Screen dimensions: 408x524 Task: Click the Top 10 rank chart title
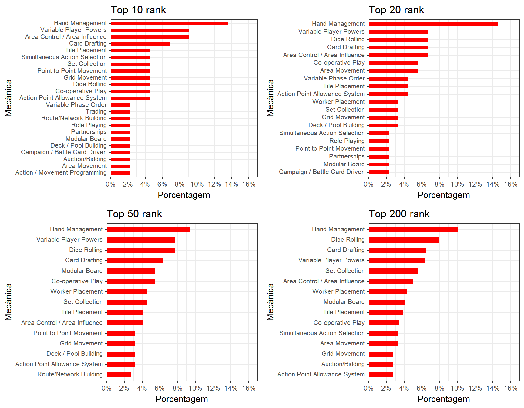[138, 10]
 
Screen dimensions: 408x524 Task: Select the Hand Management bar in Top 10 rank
[169, 23]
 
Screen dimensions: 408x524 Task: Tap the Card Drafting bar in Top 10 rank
[140, 44]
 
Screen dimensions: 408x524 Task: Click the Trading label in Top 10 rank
[96, 111]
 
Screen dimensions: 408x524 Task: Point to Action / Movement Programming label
[61, 172]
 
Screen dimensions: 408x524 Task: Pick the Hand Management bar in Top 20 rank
[433, 24]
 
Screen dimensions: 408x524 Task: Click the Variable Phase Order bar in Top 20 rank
[388, 79]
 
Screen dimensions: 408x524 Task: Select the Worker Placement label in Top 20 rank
[338, 102]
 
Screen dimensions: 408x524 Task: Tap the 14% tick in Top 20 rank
[492, 184]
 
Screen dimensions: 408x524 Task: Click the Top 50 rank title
[134, 214]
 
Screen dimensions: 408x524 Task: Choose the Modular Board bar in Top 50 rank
[131, 271]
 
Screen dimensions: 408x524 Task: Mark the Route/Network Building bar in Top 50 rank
[119, 375]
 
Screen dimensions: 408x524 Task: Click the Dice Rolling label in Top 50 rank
[86, 250]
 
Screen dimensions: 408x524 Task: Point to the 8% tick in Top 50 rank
[177, 388]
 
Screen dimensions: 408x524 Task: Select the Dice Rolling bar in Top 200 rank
[404, 240]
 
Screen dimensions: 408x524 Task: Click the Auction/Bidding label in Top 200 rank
[343, 364]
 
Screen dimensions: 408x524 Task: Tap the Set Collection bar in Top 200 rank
[394, 271]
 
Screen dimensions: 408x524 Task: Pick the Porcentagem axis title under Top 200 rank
[444, 399]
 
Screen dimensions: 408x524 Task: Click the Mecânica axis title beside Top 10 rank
[8, 98]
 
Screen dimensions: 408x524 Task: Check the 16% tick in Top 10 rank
[249, 184]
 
